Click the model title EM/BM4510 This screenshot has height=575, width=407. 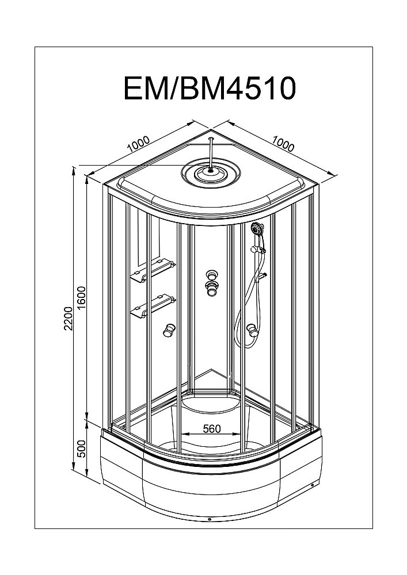[210, 88]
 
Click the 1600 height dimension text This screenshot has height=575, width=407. [82, 297]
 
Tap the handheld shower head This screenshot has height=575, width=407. [257, 229]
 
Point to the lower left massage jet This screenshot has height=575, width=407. [168, 329]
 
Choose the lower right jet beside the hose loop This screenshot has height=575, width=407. [252, 329]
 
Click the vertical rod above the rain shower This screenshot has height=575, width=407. [212, 151]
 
